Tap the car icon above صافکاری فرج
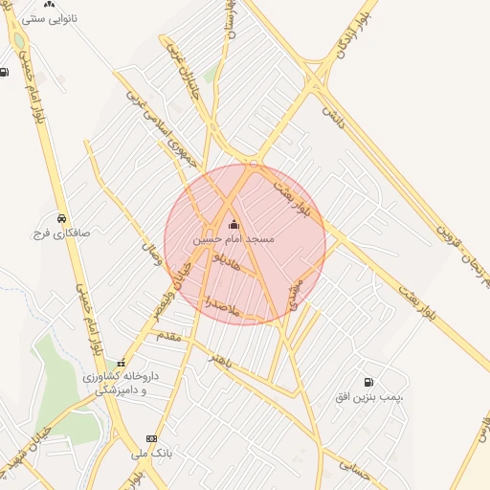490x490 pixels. point(61,217)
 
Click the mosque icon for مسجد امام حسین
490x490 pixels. point(234,225)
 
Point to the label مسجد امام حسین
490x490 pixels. point(234,238)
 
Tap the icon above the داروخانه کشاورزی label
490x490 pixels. point(121,364)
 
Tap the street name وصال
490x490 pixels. point(151,255)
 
